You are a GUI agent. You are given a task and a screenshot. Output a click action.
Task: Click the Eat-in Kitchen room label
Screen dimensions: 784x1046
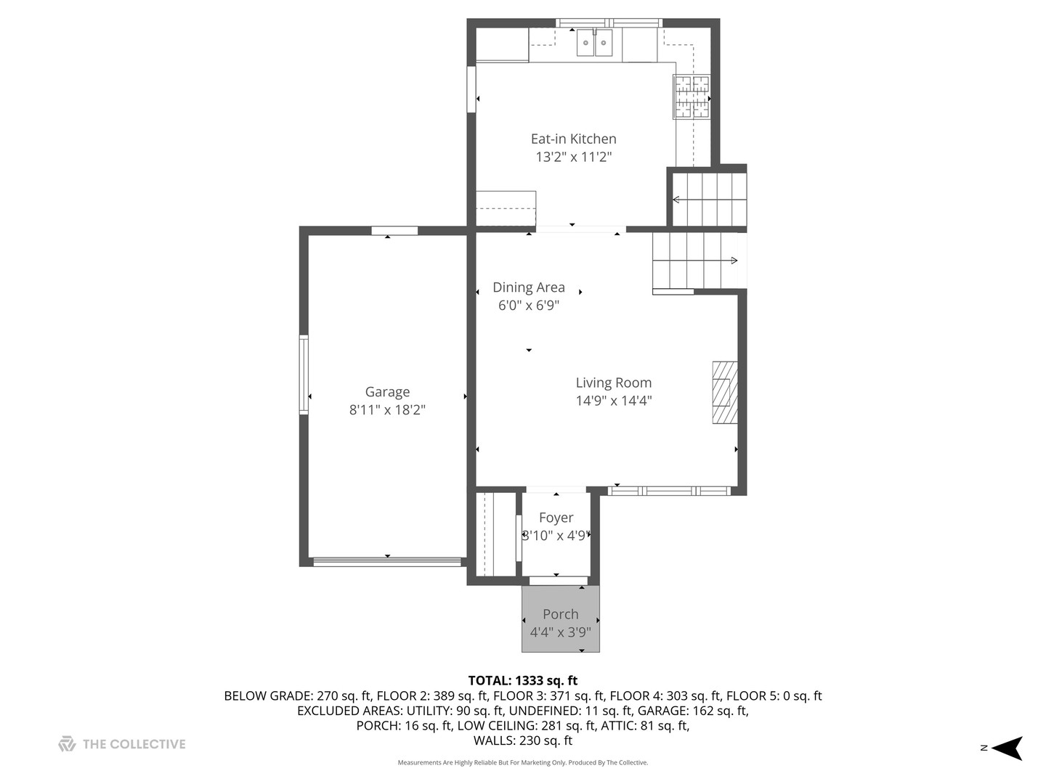coord(573,139)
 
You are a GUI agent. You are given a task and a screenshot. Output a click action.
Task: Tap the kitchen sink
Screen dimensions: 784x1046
coord(594,43)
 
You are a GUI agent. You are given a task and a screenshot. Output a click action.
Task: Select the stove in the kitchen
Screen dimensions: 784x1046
coord(691,97)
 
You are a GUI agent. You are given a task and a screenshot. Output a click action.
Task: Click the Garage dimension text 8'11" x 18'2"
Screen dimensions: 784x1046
coord(387,410)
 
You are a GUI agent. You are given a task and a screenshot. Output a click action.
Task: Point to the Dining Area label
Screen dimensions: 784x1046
coord(528,287)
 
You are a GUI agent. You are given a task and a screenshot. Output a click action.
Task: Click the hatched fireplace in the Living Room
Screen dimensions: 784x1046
coord(724,392)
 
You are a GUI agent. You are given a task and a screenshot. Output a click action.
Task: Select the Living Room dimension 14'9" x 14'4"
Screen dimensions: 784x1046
coord(614,401)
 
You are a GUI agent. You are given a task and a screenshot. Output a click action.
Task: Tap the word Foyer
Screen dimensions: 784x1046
coord(556,518)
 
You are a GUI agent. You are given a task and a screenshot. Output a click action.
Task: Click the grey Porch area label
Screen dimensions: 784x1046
coord(560,614)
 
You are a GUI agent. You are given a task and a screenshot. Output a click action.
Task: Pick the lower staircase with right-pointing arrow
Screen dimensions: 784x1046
coord(696,260)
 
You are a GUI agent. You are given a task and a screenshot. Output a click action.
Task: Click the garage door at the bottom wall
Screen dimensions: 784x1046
coord(387,561)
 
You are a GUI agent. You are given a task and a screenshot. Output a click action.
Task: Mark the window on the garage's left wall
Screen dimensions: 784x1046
coord(304,375)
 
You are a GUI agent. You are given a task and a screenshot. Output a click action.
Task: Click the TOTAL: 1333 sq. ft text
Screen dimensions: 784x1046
coord(522,680)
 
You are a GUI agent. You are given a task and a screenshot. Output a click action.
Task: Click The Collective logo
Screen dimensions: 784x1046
coord(122,744)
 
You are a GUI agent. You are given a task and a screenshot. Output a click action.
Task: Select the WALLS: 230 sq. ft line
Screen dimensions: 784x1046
coord(522,740)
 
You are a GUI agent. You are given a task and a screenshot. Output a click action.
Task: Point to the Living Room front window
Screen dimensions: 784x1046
coord(668,491)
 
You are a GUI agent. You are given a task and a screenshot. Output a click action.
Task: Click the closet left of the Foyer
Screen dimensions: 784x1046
coord(494,534)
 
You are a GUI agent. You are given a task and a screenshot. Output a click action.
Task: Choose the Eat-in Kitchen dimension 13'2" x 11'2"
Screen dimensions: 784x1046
coord(573,157)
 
